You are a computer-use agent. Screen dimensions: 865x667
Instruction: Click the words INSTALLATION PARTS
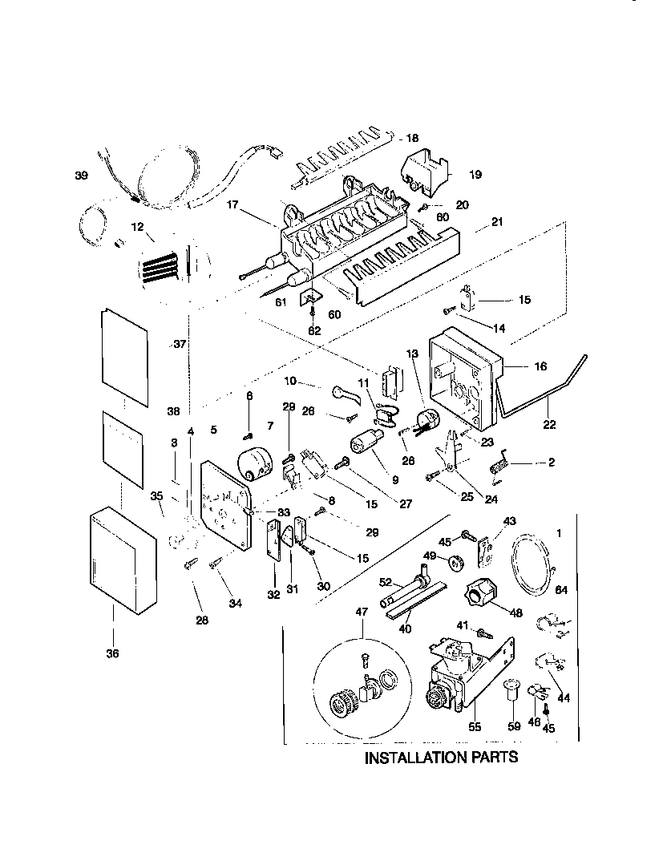tap(442, 758)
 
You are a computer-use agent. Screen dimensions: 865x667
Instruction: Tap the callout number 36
tap(111, 654)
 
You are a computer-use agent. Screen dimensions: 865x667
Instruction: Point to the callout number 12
tap(136, 228)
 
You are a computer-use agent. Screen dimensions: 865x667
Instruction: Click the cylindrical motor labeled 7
tap(257, 465)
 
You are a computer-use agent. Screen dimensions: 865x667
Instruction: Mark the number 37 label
tap(180, 344)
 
